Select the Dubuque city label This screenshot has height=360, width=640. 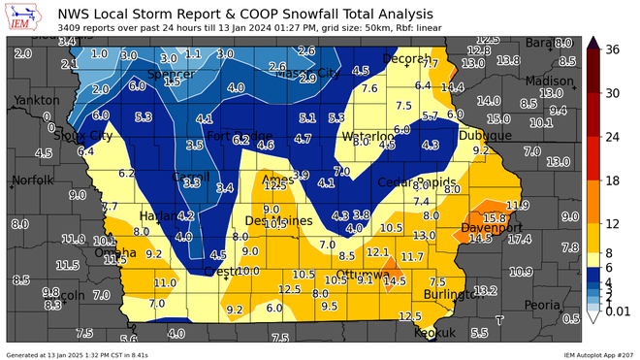tap(486, 136)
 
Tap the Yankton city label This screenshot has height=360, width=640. tap(29, 100)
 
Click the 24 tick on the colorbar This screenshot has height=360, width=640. tap(612, 136)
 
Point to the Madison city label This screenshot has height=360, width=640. tap(550, 81)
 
